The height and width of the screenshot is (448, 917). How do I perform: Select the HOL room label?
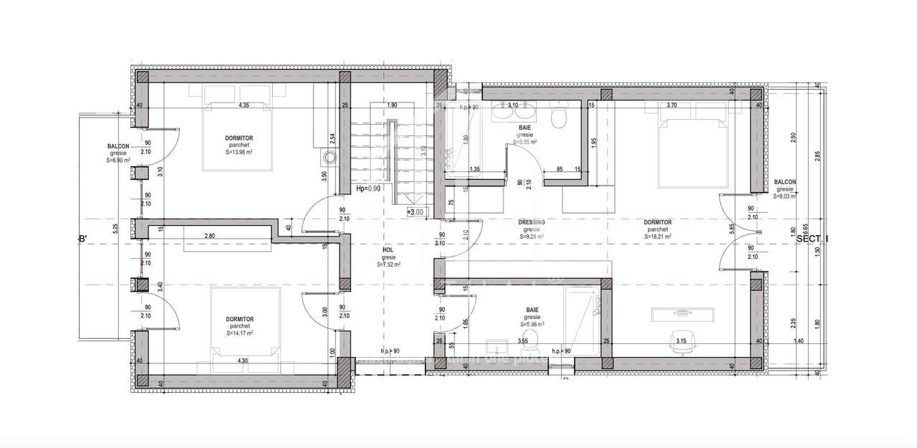coord(388,250)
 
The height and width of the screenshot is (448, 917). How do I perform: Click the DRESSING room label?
coord(532,222)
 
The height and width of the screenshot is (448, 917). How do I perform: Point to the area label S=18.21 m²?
coord(657,237)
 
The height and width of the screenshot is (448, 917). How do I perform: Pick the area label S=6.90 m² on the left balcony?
coord(117,160)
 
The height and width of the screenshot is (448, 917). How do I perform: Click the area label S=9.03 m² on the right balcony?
coord(786,196)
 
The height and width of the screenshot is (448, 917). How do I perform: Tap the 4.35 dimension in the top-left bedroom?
coord(243,106)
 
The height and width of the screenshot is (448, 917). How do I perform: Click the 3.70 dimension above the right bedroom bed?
coord(671,105)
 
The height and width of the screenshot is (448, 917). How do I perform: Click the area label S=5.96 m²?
coord(532,324)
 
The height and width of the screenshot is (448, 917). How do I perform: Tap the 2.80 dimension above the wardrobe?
coord(210,236)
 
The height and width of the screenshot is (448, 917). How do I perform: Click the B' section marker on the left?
coord(82,239)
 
